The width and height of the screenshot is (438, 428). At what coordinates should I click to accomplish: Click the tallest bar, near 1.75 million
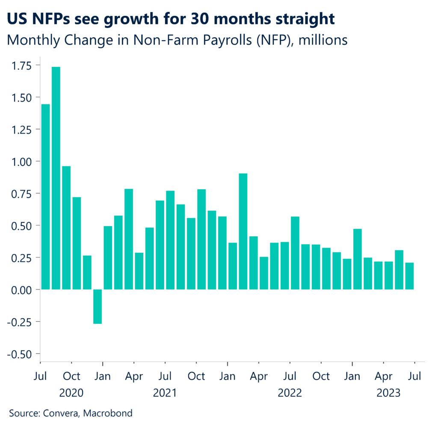pos(56,178)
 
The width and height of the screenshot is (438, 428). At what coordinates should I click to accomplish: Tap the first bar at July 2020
pos(45,197)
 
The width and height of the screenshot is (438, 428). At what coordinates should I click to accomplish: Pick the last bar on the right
pos(409,276)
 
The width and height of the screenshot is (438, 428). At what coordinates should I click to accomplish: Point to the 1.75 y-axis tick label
pos(22,65)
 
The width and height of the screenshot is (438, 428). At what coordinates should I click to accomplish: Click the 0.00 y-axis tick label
pos(22,290)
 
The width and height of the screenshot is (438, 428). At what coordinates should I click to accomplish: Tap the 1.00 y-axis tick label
pos(22,162)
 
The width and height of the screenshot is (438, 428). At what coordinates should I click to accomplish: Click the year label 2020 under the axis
pos(71,392)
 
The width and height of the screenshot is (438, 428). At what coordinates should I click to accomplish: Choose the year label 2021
pos(165,392)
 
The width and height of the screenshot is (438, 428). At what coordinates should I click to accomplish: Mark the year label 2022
pos(290,392)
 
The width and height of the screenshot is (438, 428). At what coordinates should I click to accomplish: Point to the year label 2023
pos(388,392)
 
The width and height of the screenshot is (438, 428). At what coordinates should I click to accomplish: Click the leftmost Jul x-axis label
pos(40,376)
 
